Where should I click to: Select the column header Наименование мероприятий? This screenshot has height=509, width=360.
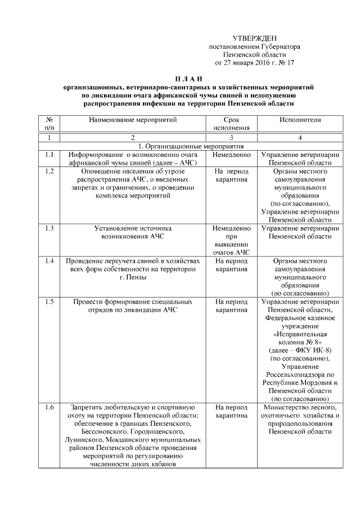click(x=133, y=120)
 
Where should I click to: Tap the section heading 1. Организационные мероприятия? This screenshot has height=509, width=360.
click(x=188, y=146)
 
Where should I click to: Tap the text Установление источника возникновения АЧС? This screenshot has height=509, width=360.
click(x=133, y=232)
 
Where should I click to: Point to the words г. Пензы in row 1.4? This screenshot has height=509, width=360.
click(x=133, y=277)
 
